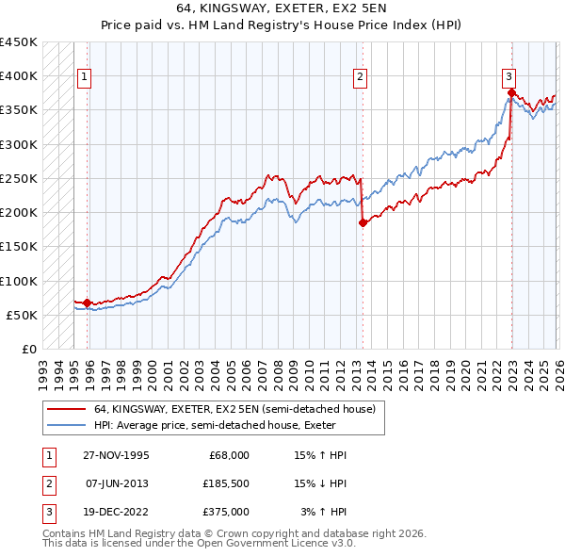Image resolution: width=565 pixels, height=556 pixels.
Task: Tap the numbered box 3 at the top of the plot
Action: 508,77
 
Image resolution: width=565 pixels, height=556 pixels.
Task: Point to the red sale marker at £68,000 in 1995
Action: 87,303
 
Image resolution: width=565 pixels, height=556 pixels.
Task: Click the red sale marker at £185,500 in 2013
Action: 363,222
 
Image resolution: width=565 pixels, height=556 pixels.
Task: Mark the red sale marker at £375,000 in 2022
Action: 511,92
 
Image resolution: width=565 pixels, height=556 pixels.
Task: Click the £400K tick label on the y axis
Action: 19,76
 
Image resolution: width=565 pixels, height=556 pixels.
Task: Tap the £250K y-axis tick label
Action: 19,178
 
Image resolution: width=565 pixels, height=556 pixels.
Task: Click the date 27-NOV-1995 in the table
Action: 116,455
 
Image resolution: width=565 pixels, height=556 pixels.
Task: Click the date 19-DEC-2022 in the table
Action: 116,512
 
